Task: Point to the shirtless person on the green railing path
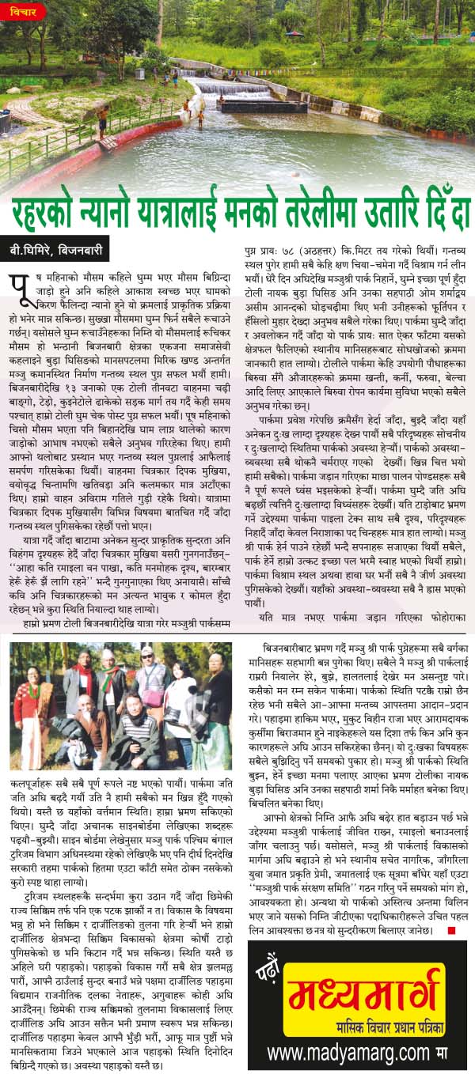tap(102, 121)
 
